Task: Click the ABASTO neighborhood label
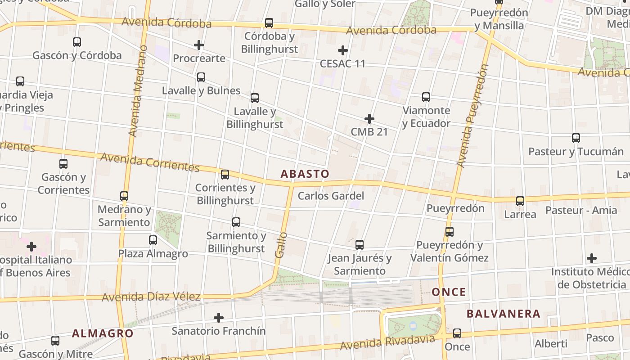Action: point(305,174)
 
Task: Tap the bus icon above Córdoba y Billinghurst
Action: point(269,23)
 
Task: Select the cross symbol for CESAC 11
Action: point(343,50)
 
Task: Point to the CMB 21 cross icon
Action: point(369,119)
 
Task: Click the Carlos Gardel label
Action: point(331,196)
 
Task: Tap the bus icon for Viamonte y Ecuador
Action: point(426,97)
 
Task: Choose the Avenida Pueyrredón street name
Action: point(472,116)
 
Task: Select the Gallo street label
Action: point(280,245)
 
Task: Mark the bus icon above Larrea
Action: point(520,201)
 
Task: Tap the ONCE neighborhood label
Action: point(449,292)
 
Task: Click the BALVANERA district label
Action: point(503,314)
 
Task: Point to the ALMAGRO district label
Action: point(103,333)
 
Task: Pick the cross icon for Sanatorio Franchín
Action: point(219,318)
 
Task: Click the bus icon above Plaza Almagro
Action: point(153,240)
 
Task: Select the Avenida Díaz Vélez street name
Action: point(151,297)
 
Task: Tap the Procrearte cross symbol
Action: point(199,45)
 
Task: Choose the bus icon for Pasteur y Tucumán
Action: point(576,138)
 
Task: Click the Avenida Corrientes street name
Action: point(150,162)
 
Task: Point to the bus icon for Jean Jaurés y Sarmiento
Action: point(360,245)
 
